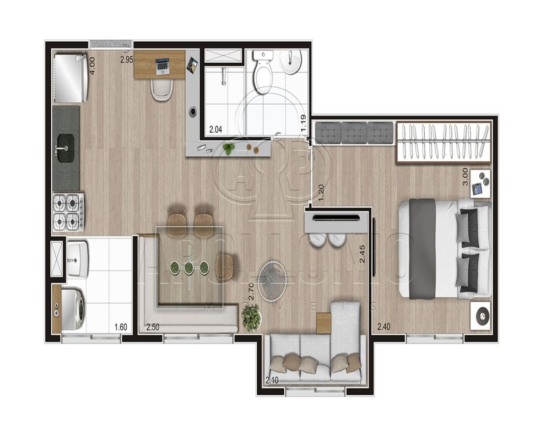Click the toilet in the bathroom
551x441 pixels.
[262, 74]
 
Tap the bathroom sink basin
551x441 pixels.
[291, 62]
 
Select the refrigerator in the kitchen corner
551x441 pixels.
[69, 78]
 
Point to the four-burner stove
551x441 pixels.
[68, 212]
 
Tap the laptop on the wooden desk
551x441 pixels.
[162, 66]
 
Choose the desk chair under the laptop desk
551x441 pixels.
[162, 90]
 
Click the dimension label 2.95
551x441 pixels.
[127, 59]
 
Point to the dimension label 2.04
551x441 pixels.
[215, 130]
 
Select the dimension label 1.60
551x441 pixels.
[121, 327]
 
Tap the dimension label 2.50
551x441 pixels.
[153, 327]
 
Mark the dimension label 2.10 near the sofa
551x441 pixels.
[272, 380]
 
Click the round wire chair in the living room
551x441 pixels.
[272, 279]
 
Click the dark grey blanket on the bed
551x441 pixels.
[423, 248]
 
